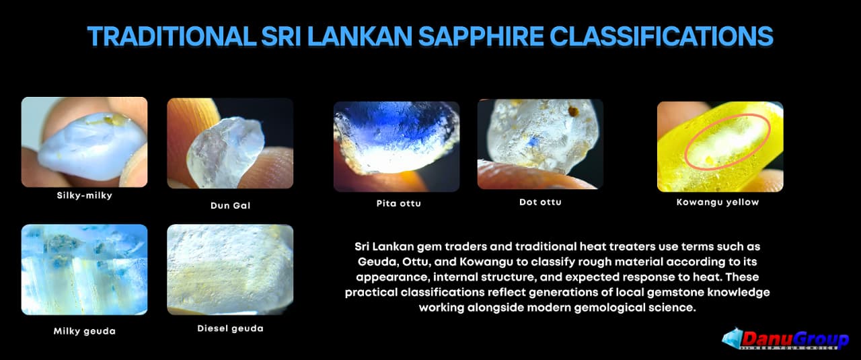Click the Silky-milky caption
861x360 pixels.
(85, 195)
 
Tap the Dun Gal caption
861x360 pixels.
(230, 205)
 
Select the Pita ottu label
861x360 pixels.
(399, 203)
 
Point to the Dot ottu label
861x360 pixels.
(540, 202)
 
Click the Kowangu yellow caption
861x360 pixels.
(718, 202)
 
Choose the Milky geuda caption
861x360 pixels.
(85, 331)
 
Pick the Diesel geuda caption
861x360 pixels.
(230, 328)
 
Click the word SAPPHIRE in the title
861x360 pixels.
(480, 36)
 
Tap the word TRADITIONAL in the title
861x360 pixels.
(172, 36)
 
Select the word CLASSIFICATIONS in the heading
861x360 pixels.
(661, 36)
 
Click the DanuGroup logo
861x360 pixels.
(785, 339)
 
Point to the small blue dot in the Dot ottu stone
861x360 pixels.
(531, 143)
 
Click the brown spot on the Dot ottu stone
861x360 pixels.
(573, 111)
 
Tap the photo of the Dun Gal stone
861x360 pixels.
(230, 143)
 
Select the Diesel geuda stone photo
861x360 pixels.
(230, 270)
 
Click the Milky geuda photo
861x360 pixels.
(84, 270)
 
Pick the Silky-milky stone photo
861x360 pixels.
(84, 142)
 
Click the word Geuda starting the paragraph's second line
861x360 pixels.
(378, 262)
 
